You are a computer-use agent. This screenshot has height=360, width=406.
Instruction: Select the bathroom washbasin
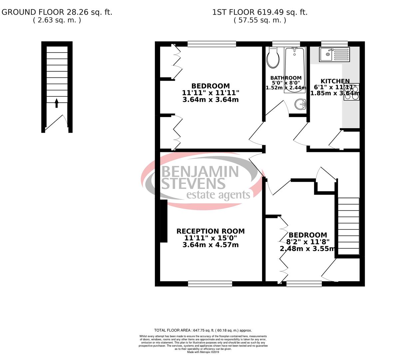301,105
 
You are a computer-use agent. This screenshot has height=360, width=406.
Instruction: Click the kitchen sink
334,54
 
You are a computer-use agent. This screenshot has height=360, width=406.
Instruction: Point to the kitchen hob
351,92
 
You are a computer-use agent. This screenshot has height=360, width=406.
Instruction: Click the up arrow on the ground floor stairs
57,103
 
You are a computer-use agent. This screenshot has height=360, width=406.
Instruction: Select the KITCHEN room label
335,81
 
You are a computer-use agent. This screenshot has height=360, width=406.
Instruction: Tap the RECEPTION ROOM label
210,231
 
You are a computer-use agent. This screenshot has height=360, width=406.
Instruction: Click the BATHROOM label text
286,78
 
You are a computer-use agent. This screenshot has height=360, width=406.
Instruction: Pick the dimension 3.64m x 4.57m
210,245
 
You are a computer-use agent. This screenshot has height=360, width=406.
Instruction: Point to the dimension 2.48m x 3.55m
307,249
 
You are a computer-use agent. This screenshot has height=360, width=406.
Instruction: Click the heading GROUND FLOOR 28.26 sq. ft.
57,12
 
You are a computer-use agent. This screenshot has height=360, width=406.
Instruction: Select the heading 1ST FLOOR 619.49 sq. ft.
260,12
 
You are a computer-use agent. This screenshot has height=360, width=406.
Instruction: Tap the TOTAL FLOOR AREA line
203,330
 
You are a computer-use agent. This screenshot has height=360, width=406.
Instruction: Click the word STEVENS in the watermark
193,183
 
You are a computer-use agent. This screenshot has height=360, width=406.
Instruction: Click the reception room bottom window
210,284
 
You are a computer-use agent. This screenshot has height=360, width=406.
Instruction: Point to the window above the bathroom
286,43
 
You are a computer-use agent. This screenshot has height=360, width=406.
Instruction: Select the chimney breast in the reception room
163,221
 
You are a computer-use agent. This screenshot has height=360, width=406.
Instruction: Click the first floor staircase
349,227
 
